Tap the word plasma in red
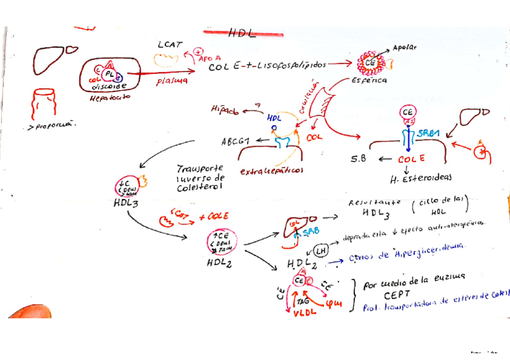tap(172, 81)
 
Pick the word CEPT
tap(398, 296)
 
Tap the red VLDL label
tap(306, 312)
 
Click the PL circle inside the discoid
tap(109, 73)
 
